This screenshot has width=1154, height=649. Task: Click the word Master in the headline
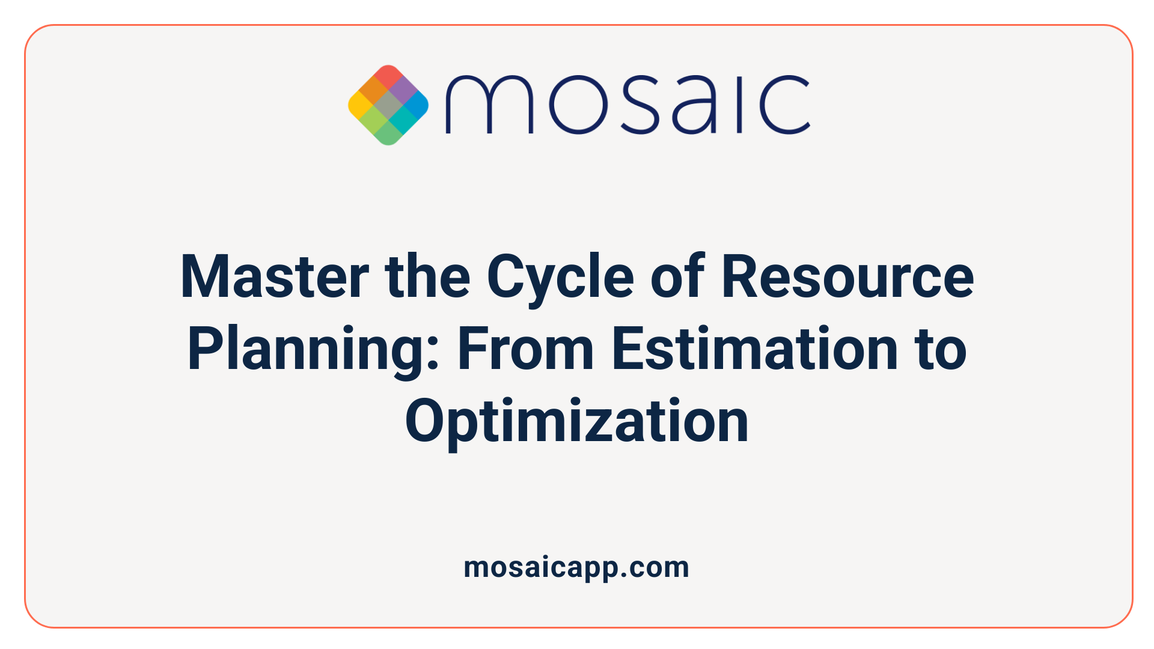pyautogui.click(x=274, y=277)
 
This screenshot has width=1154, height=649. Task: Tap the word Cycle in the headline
pyautogui.click(x=560, y=277)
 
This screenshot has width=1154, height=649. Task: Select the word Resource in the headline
pyautogui.click(x=847, y=277)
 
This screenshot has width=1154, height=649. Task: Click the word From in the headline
pyautogui.click(x=525, y=349)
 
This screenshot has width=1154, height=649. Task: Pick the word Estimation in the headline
pyautogui.click(x=754, y=349)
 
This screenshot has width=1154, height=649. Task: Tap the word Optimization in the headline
pyautogui.click(x=577, y=421)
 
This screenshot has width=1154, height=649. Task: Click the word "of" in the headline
pyautogui.click(x=677, y=277)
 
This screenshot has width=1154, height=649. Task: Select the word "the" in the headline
pyautogui.click(x=427, y=277)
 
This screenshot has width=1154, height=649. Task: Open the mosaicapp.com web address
pyautogui.click(x=576, y=567)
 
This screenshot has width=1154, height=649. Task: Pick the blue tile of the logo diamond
pyautogui.click(x=416, y=106)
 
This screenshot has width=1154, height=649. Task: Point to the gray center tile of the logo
pyautogui.click(x=388, y=105)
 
